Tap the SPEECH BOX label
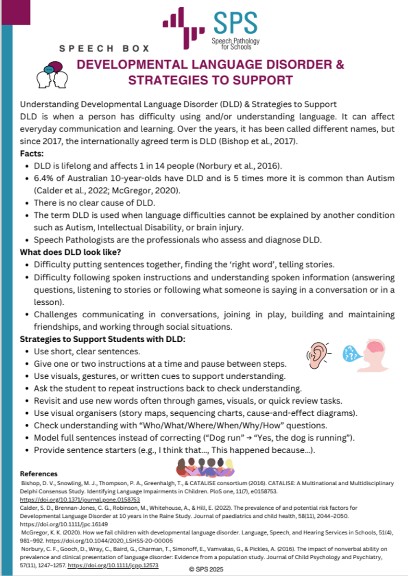pos(104,48)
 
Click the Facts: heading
pos(32,154)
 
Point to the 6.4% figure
pos(44,179)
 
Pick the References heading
pos(39,473)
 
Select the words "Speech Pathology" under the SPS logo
pos(235,41)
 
